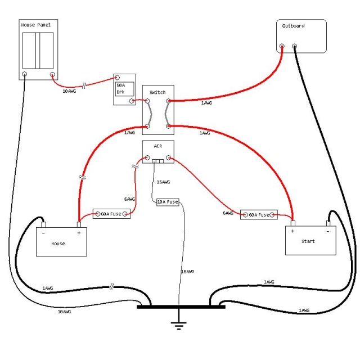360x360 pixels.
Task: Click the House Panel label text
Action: click(x=36, y=25)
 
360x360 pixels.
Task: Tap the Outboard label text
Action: click(x=293, y=26)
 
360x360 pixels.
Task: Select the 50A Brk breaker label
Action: click(x=121, y=89)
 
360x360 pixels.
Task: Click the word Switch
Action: click(x=157, y=92)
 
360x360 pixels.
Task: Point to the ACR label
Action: click(x=158, y=146)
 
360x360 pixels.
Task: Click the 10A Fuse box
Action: click(x=168, y=202)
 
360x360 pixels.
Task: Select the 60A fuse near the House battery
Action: click(x=111, y=214)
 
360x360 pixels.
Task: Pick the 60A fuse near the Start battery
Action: click(x=259, y=215)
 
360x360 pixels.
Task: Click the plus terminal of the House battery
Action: click(x=79, y=224)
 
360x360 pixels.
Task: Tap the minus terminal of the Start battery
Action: click(x=328, y=223)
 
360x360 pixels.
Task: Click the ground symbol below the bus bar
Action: click(x=179, y=326)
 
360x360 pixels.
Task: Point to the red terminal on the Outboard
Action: click(x=282, y=46)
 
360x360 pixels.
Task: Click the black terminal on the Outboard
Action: click(x=295, y=46)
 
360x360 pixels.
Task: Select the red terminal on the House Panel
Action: click(x=52, y=74)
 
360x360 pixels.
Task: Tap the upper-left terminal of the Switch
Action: click(x=147, y=101)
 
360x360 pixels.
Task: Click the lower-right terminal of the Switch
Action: click(x=168, y=126)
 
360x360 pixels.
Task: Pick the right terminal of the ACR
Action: click(x=169, y=157)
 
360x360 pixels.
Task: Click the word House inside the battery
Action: click(x=58, y=244)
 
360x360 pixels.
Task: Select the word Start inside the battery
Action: click(x=308, y=241)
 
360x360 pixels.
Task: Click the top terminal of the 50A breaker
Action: click(x=117, y=78)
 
